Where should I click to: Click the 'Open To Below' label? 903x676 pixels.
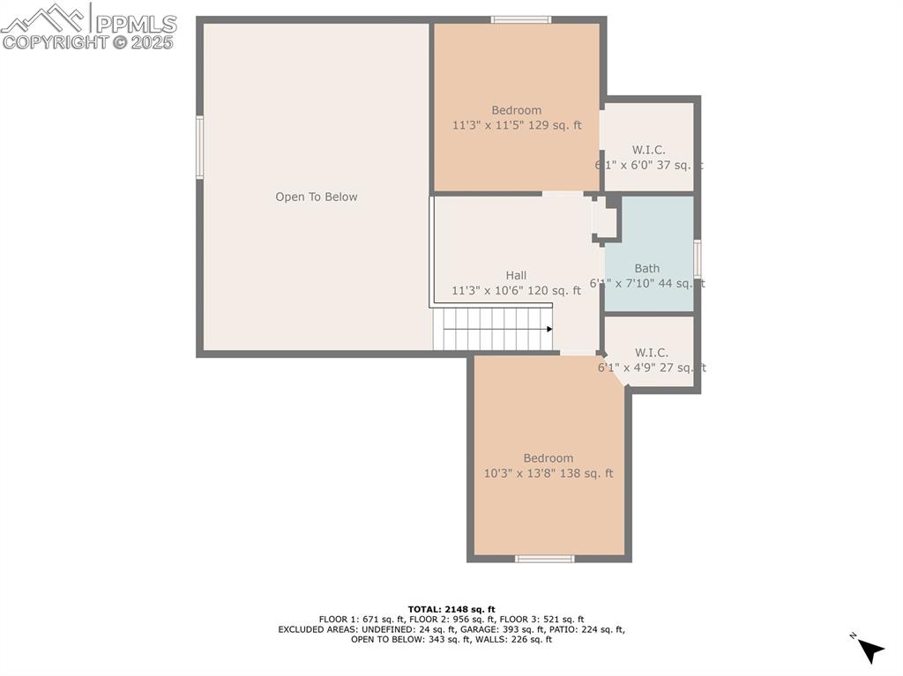(317, 197)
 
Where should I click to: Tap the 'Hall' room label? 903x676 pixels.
(516, 276)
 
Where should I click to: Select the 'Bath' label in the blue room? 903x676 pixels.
(646, 269)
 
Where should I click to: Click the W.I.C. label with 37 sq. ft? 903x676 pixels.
(648, 150)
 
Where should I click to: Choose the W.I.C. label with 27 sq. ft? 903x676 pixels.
(650, 353)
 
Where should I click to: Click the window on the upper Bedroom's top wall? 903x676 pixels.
(521, 19)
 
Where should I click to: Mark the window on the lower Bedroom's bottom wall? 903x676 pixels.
(545, 559)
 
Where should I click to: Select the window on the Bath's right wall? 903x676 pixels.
(697, 259)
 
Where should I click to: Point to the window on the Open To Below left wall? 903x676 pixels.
(200, 147)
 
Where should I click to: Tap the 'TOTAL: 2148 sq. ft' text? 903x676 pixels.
(451, 609)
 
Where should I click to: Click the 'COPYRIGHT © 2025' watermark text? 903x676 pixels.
(88, 41)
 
